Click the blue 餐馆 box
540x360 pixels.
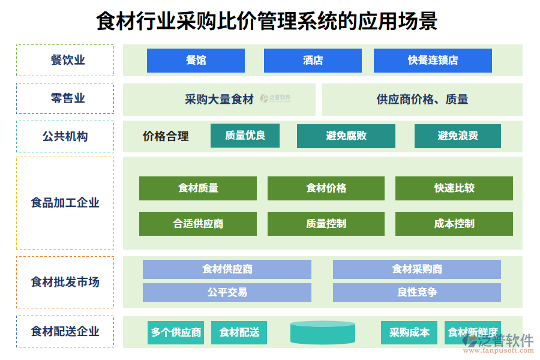point(196,61)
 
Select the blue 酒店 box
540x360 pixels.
point(313,61)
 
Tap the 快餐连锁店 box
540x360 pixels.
point(433,61)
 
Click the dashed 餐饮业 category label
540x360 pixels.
point(65,60)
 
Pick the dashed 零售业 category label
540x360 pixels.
point(65,98)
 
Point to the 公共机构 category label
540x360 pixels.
point(65,136)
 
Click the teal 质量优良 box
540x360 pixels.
point(245,136)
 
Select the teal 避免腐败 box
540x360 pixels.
point(346,136)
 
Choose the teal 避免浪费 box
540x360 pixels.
point(457,136)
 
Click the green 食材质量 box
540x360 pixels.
point(197,188)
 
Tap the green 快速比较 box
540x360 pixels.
point(454,188)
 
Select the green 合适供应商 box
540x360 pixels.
point(197,224)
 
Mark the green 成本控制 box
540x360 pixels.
point(454,224)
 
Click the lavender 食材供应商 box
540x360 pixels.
point(227,269)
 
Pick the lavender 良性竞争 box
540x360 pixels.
point(416,292)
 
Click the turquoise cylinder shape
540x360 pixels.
point(323,332)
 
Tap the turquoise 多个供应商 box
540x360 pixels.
point(176,332)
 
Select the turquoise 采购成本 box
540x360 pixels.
point(409,332)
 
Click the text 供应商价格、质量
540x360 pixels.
point(422,100)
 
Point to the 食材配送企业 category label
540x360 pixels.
point(65,331)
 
